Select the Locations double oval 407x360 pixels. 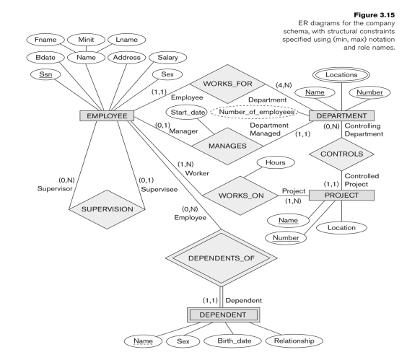[338, 75]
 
